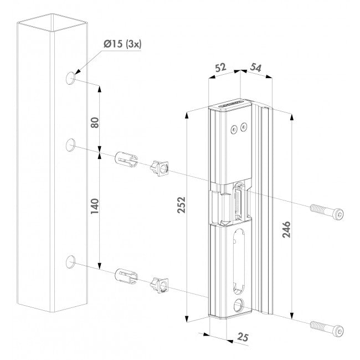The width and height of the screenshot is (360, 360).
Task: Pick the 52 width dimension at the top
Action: coord(220,68)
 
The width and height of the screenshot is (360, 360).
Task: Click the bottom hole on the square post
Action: coord(71,261)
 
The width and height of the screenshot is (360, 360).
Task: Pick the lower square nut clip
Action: coord(159,283)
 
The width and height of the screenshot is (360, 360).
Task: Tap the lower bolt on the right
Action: coord(326,328)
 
